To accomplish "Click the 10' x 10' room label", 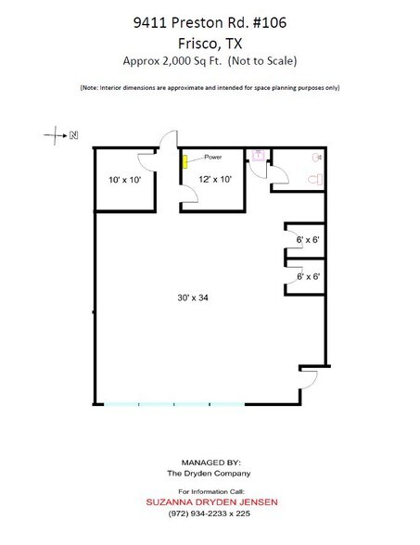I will pos(123,180).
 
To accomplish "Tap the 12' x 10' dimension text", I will pos(212,180).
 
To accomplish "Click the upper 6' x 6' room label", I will pos(308,240).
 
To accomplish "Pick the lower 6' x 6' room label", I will pos(308,276).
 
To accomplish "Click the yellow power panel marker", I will pos(185,162).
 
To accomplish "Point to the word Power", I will pos(212,158).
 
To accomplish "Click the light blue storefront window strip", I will pos(172,404).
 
